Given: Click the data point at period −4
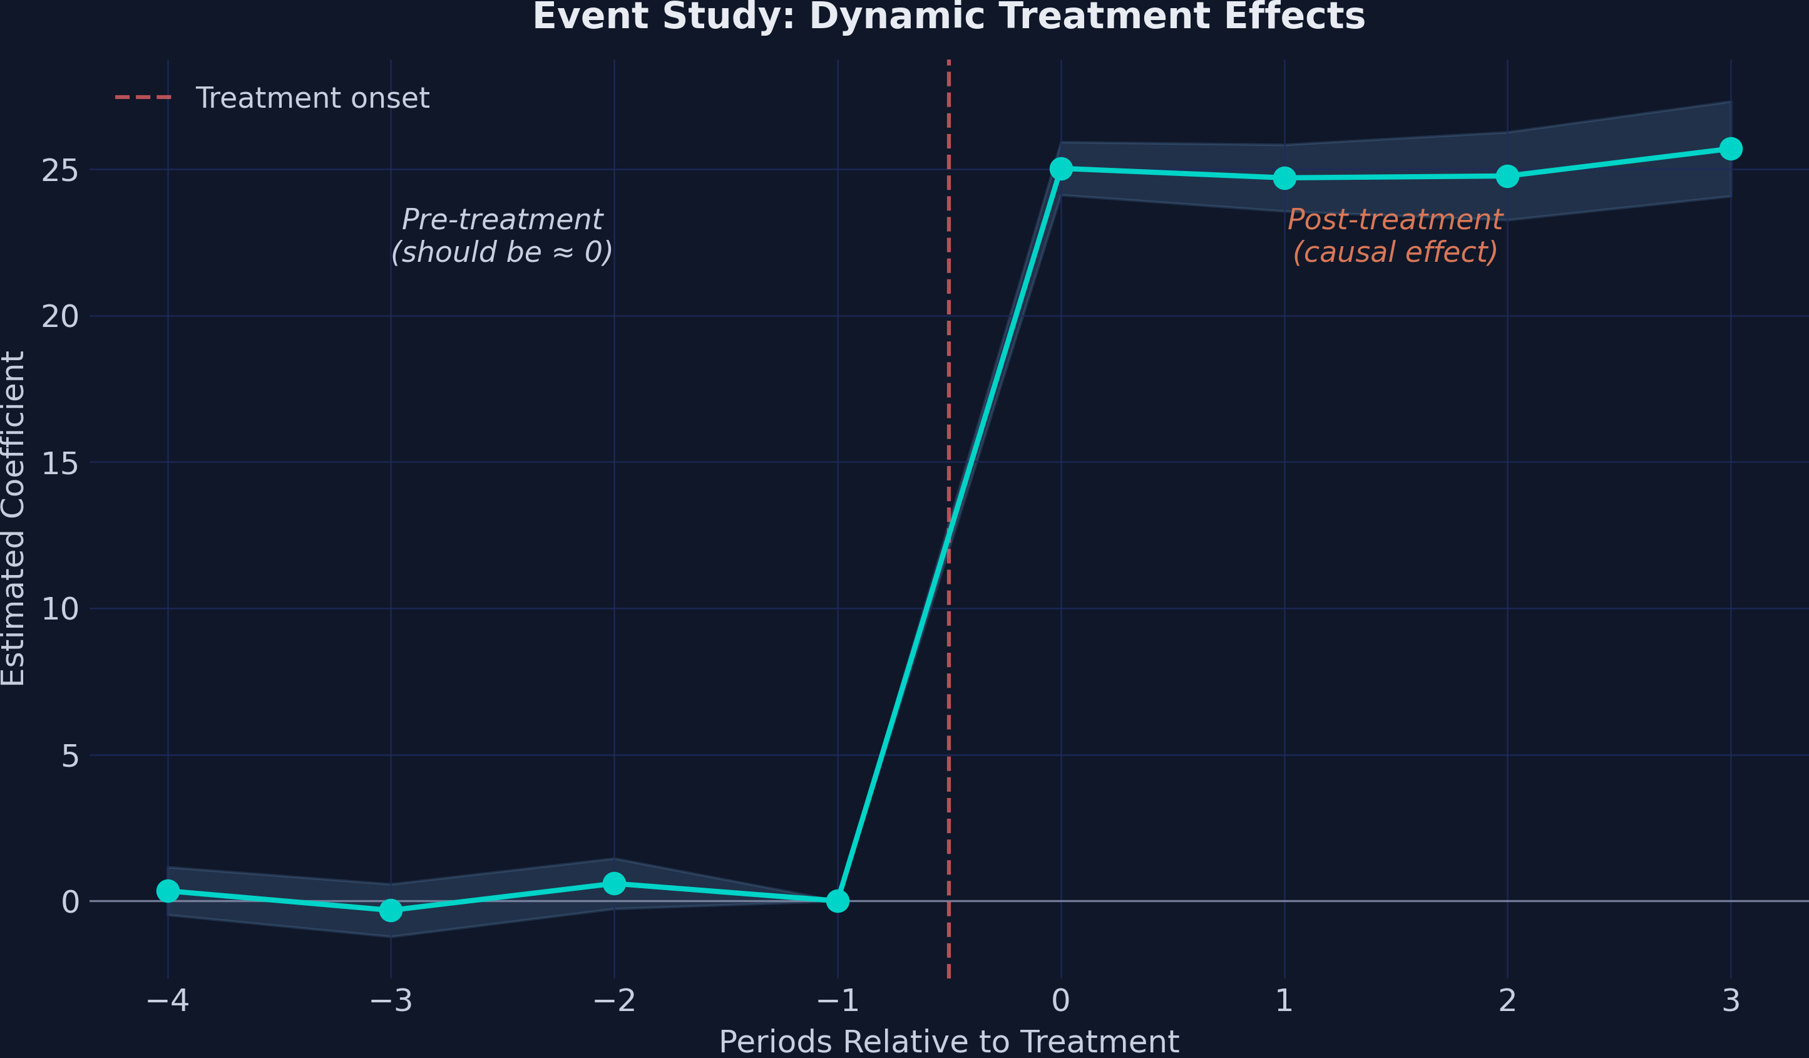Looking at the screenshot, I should (x=168, y=891).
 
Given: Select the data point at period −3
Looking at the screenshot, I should (x=391, y=911).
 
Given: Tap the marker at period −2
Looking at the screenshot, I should (x=614, y=883).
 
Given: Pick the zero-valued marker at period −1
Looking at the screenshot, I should (x=838, y=901).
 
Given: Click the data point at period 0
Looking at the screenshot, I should (x=1061, y=169).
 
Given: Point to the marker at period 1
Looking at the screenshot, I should (x=1284, y=177).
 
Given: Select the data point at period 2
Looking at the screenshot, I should (x=1507, y=176).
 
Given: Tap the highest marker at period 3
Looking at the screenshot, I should (x=1731, y=148).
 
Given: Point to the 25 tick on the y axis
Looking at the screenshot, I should (x=59, y=171).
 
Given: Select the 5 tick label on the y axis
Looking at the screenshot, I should (x=69, y=755).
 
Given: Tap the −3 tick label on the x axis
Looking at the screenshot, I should (x=391, y=1000).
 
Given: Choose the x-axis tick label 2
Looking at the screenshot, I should (x=1507, y=1000).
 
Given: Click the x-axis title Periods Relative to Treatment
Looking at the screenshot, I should (x=948, y=1042).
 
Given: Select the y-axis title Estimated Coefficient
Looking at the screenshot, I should (x=13, y=519).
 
